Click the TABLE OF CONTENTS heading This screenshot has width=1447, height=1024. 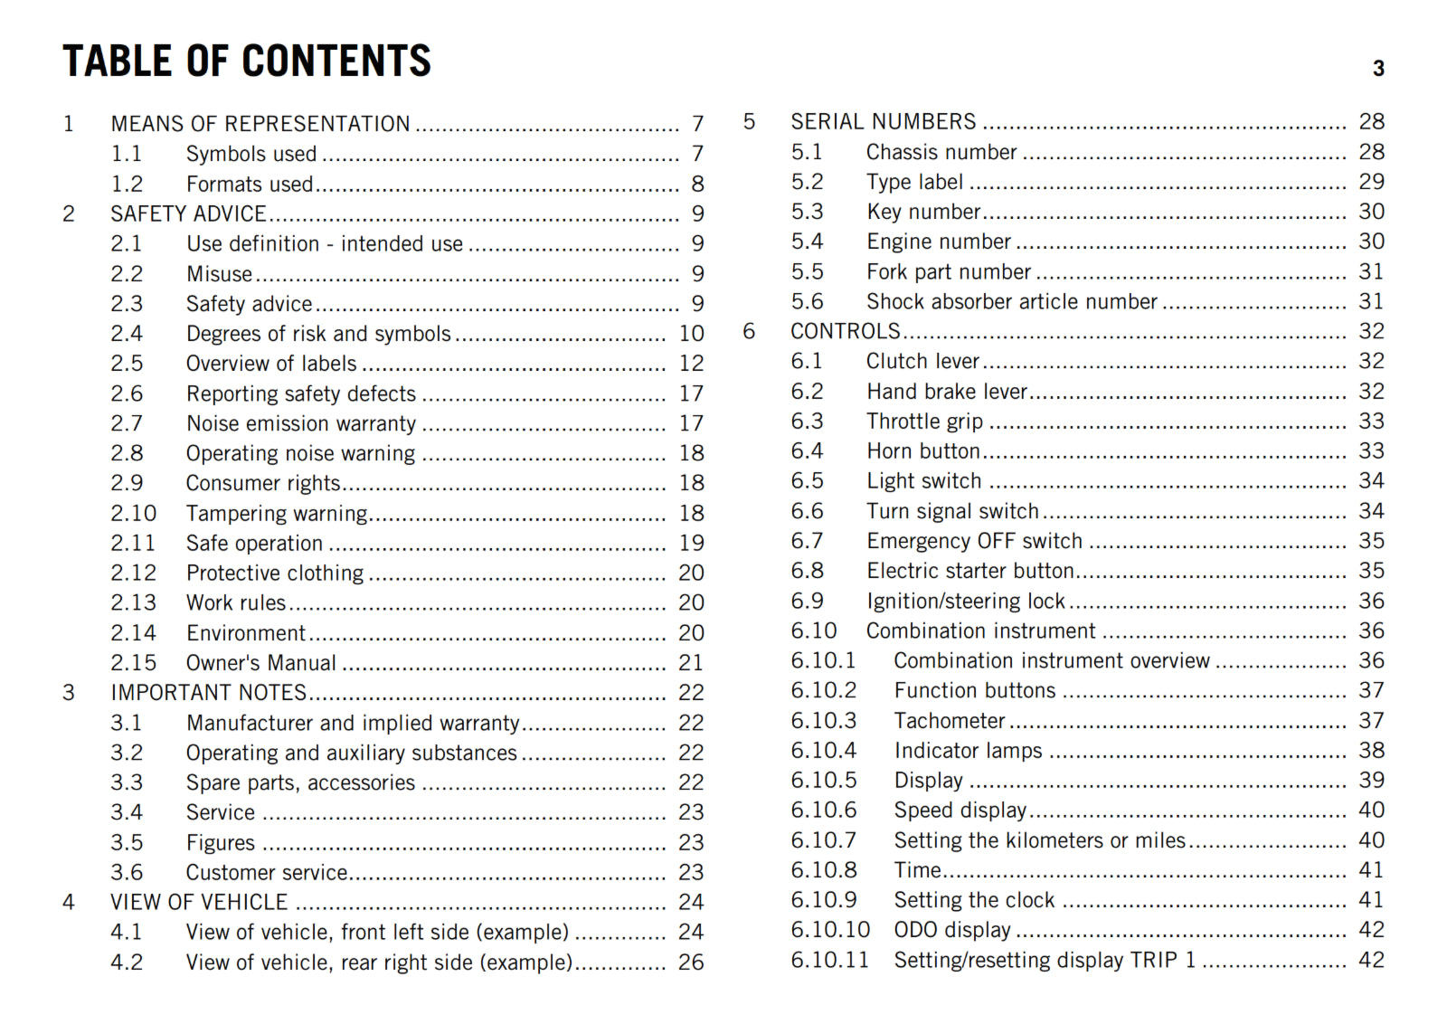click(x=247, y=62)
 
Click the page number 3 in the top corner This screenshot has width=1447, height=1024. click(x=1378, y=69)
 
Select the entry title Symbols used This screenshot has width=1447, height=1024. click(x=251, y=154)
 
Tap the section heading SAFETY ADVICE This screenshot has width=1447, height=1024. click(x=188, y=213)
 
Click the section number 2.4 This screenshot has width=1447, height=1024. click(x=127, y=334)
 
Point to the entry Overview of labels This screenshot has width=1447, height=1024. click(x=271, y=364)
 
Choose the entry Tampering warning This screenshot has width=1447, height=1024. click(x=277, y=514)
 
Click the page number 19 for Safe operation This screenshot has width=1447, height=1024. click(x=692, y=543)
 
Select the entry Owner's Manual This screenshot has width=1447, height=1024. click(x=261, y=663)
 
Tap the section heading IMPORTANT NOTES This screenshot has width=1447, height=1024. click(x=209, y=693)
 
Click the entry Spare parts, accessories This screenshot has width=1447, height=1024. click(x=300, y=782)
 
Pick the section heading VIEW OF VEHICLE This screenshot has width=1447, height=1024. click(x=199, y=903)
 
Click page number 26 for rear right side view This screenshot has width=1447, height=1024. click(x=691, y=962)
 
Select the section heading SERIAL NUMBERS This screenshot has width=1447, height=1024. click(x=884, y=122)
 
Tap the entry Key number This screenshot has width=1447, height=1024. click(x=923, y=212)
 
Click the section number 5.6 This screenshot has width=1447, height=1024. click(x=807, y=301)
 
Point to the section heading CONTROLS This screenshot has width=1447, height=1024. click(x=846, y=331)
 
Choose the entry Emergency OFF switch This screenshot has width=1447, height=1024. click(x=974, y=541)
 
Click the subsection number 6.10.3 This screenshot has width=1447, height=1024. click(x=823, y=721)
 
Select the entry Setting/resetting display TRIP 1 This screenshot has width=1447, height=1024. click(x=1045, y=960)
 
